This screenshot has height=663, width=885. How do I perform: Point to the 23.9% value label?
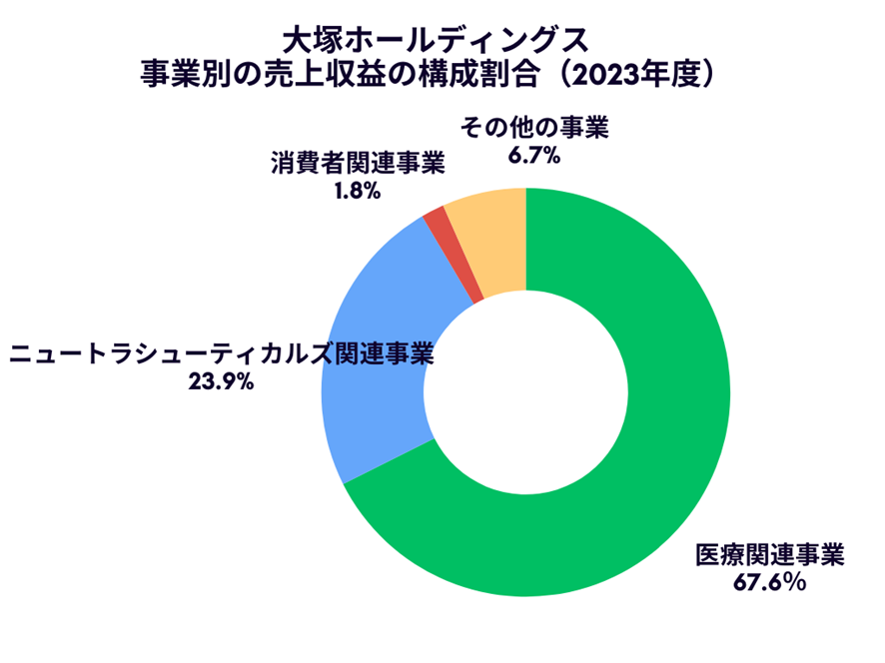click(x=220, y=381)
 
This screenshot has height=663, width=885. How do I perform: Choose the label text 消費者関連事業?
click(x=357, y=164)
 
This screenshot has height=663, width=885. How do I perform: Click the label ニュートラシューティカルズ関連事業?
click(x=220, y=353)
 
